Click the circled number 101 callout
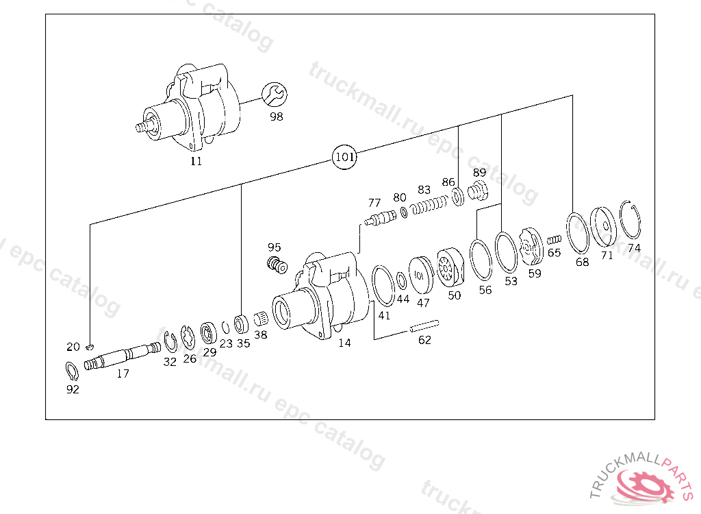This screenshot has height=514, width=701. pyautogui.click(x=344, y=157)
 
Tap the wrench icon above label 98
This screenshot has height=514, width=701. pyautogui.click(x=275, y=95)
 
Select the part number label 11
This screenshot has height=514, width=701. pyautogui.click(x=196, y=162)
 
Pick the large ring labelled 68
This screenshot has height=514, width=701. pyautogui.click(x=578, y=232)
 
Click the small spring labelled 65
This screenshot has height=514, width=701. pyautogui.click(x=555, y=239)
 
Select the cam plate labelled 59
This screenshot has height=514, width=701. pyautogui.click(x=530, y=247)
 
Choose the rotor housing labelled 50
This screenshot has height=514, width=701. pyautogui.click(x=450, y=268)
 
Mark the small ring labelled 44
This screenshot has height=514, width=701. pyautogui.click(x=400, y=280)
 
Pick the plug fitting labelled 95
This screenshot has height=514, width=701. pyautogui.click(x=277, y=264)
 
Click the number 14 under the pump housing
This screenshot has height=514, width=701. pyautogui.click(x=344, y=343)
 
